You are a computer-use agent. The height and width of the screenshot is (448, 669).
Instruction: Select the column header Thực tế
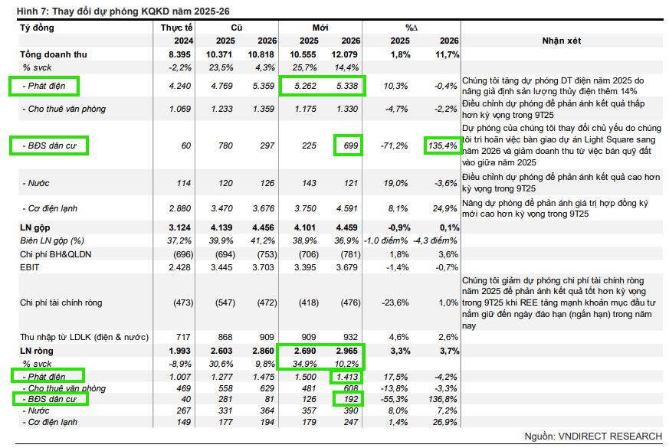tap(177, 28)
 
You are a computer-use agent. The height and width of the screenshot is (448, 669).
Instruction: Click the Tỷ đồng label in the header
tap(37, 28)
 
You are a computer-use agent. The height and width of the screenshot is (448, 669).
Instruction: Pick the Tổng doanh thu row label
tap(54, 54)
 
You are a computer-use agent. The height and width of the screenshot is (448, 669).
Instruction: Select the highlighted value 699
tap(349, 145)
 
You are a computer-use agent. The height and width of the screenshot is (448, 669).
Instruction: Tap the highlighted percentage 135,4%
tap(442, 145)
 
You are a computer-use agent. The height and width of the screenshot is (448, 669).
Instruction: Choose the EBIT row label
tap(30, 267)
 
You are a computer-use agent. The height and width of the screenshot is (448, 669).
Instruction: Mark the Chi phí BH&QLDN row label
tap(55, 253)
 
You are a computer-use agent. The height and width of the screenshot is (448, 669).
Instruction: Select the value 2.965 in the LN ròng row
tap(346, 351)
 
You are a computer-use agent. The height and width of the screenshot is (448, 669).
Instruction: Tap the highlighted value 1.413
tap(346, 377)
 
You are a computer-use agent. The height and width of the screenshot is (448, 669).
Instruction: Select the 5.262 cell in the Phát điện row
tap(307, 86)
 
